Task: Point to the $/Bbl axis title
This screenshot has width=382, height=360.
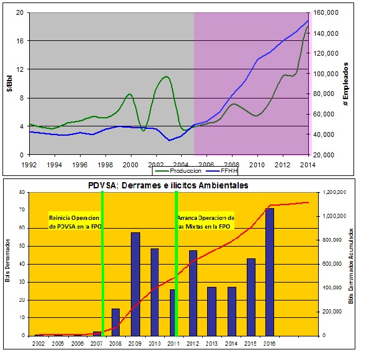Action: click(x=8, y=83)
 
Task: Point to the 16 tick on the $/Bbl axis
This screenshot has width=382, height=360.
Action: click(x=20, y=41)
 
